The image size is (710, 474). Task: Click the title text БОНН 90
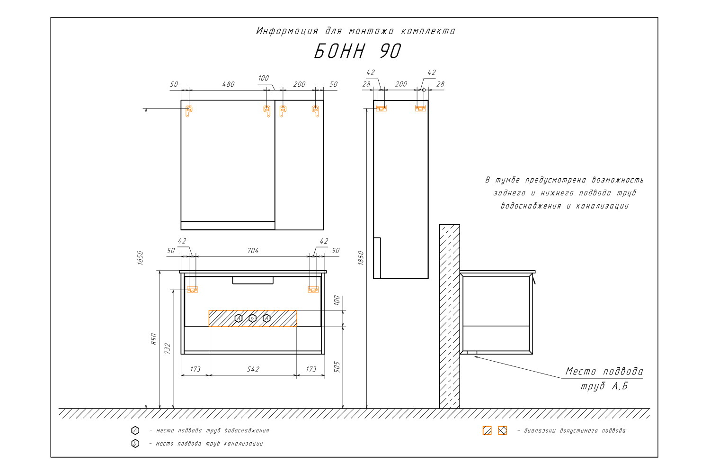coord(357,51)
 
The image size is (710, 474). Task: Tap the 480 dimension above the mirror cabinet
coord(228,84)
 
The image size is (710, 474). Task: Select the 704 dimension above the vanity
coord(253,251)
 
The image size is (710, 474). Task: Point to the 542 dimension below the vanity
coord(253,369)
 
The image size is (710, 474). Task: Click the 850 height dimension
coord(154,339)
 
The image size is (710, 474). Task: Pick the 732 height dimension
coord(168,348)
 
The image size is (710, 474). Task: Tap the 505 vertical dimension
coord(337,367)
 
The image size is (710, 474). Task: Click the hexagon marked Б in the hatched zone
coord(253,318)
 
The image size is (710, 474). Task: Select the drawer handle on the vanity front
coord(253,280)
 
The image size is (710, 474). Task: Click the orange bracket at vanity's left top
coord(192,289)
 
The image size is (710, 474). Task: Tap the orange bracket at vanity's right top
coord(313,289)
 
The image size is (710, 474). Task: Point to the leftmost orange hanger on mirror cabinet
coord(188,111)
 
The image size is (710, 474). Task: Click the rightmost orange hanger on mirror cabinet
coord(315,111)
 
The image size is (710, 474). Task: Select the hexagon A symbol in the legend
coord(135,430)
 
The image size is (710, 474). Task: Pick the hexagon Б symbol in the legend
coord(135,444)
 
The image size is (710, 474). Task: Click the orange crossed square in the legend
coord(502,430)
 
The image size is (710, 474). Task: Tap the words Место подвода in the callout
coord(604,371)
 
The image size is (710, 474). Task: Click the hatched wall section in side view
coord(450,316)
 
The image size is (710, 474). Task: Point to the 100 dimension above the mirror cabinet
coord(263,78)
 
